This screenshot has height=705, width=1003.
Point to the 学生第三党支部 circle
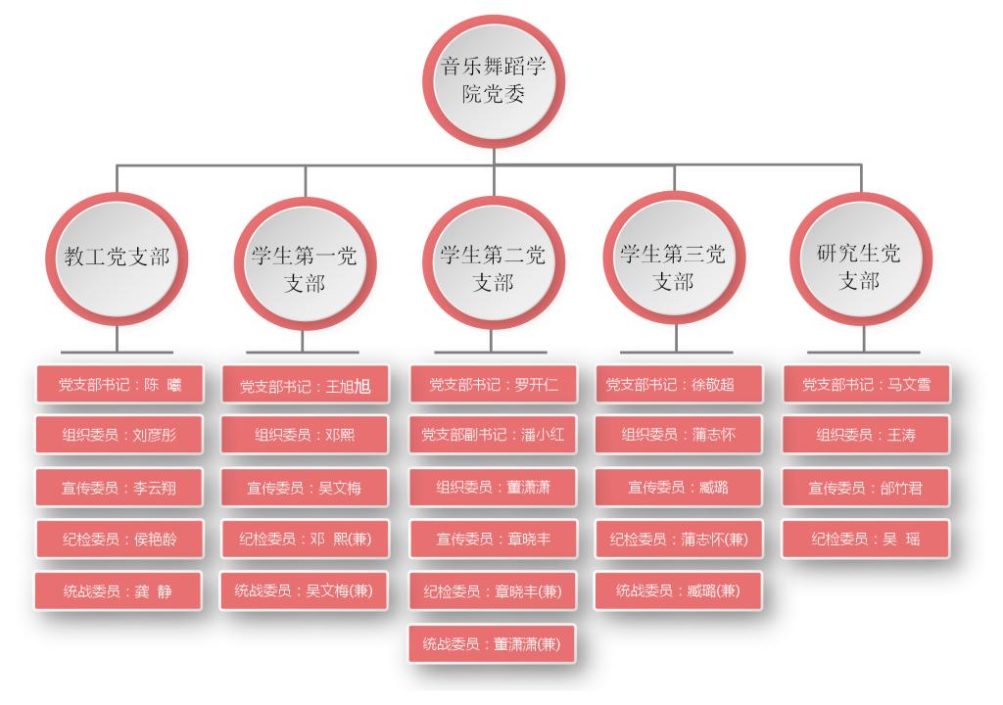click(674, 259)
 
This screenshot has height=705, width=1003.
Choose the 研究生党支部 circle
click(859, 259)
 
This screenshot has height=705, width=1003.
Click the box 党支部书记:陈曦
click(119, 385)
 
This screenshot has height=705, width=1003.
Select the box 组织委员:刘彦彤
click(119, 435)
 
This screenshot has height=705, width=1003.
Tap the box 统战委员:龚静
click(119, 591)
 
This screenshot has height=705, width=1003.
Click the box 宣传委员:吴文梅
click(304, 488)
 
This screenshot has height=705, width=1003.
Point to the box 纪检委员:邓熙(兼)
click(304, 539)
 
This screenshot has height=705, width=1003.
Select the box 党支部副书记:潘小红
click(493, 435)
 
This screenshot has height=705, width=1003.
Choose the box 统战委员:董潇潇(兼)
click(493, 642)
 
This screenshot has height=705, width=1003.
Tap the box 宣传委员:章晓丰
click(493, 539)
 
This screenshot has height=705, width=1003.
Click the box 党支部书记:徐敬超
click(675, 385)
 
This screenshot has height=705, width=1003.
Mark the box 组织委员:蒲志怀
click(675, 435)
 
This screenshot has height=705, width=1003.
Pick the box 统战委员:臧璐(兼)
click(675, 590)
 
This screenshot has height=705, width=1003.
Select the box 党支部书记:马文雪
click(866, 385)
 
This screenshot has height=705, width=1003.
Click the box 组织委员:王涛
click(866, 435)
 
